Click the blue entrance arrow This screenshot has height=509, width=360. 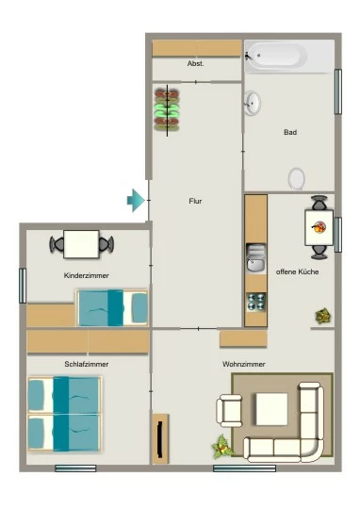click(x=136, y=201)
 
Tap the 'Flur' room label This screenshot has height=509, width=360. click(x=195, y=202)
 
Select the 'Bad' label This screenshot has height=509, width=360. click(x=290, y=132)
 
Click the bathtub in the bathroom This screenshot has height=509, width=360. click(x=276, y=56)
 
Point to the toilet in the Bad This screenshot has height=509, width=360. click(x=296, y=178)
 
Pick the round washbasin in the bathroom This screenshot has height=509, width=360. click(x=253, y=103)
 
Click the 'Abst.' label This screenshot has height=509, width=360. click(x=196, y=64)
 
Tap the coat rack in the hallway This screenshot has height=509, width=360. click(x=167, y=110)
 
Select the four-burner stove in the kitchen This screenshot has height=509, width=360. click(x=256, y=302)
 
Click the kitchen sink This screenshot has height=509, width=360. click(x=256, y=258)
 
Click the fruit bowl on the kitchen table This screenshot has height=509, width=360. click(x=319, y=226)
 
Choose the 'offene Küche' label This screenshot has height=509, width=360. click(x=298, y=271)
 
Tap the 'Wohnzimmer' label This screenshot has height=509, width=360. click(x=244, y=364)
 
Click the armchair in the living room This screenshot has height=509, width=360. click(x=230, y=410)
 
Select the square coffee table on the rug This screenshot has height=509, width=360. click(x=271, y=409)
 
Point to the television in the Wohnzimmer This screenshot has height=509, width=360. click(x=159, y=438)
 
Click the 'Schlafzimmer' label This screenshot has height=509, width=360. click(x=87, y=364)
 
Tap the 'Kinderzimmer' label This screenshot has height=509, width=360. click(x=87, y=275)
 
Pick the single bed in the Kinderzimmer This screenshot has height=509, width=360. click(x=112, y=307)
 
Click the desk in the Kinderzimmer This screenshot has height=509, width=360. click(x=81, y=244)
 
